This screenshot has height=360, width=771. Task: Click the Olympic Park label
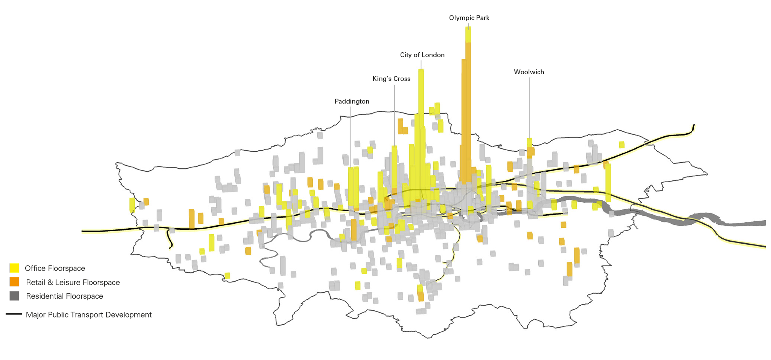(469, 18)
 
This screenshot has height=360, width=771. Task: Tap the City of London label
(422, 55)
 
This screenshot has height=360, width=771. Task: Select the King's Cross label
(391, 79)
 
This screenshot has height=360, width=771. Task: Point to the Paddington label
(352, 101)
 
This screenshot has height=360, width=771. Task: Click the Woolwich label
(529, 72)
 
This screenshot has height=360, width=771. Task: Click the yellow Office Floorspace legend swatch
(14, 268)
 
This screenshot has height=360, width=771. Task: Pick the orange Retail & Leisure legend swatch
(14, 282)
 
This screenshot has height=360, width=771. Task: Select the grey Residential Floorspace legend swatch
(14, 296)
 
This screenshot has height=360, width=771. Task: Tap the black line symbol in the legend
(14, 314)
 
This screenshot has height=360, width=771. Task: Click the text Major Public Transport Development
(88, 315)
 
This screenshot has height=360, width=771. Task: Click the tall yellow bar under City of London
(421, 113)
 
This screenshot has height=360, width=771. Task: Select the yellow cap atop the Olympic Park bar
(468, 34)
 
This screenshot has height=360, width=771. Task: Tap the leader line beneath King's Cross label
(395, 113)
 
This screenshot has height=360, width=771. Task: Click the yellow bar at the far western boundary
(132, 205)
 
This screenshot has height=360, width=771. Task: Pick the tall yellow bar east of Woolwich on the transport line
(608, 183)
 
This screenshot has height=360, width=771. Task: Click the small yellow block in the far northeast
(622, 145)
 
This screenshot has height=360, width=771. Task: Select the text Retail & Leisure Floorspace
(73, 282)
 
